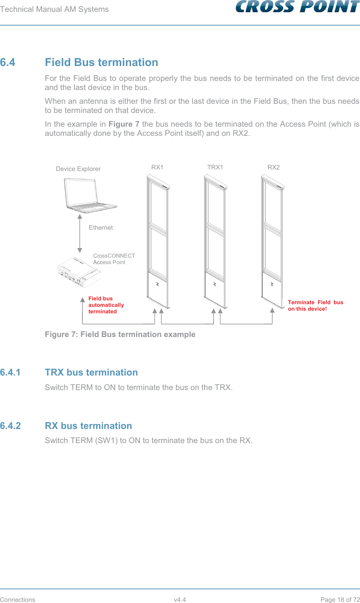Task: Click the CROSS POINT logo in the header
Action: [x=297, y=7]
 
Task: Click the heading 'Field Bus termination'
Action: [x=101, y=62]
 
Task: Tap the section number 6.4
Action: [x=8, y=62]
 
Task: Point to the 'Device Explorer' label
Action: [x=78, y=169]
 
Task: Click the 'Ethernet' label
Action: [x=101, y=227]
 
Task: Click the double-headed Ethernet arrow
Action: [x=80, y=233]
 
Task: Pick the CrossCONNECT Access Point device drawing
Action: [x=79, y=272]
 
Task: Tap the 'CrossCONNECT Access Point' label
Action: [x=114, y=259]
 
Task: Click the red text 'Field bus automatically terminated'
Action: [x=106, y=305]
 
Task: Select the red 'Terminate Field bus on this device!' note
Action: [x=315, y=305]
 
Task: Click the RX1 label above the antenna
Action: [x=157, y=167]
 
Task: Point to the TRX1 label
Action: [x=215, y=167]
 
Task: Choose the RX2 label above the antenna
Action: [x=273, y=167]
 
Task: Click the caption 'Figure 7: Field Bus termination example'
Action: [x=120, y=334]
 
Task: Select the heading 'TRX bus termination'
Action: [x=91, y=372]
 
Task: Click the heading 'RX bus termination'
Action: [x=88, y=426]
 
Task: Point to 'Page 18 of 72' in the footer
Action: [x=340, y=599]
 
